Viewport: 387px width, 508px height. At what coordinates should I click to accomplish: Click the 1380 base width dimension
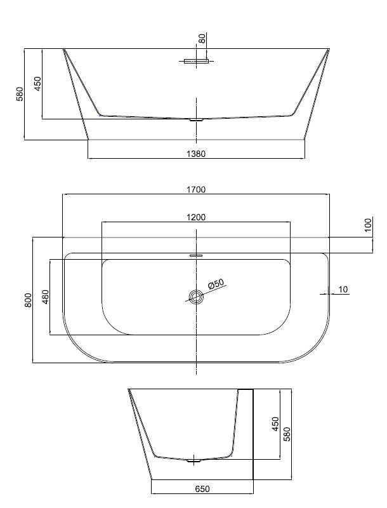(x=196, y=154)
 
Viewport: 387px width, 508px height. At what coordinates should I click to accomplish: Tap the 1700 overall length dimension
(x=196, y=189)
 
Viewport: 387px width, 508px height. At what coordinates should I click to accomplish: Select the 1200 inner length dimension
(x=196, y=217)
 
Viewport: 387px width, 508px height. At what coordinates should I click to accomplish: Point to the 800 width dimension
(x=29, y=300)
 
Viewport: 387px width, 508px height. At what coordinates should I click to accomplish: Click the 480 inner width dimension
(x=45, y=297)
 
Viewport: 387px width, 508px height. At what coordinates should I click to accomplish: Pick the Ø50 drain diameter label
(x=216, y=284)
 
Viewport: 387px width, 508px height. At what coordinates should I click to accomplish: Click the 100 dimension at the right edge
(x=369, y=225)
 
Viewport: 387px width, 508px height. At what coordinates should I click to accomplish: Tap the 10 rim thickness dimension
(x=343, y=290)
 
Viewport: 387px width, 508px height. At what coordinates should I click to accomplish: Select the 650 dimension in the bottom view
(x=202, y=489)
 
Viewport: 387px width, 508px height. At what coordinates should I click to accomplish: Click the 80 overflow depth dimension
(x=202, y=39)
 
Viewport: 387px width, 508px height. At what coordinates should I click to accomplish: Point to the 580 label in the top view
(x=20, y=94)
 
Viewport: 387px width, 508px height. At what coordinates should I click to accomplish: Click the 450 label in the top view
(x=38, y=84)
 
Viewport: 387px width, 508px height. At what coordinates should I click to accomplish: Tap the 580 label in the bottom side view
(x=287, y=434)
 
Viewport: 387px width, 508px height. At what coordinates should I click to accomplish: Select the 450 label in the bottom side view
(x=275, y=424)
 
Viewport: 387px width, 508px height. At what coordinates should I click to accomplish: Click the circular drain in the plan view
(x=196, y=297)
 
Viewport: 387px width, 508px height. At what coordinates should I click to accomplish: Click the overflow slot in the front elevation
(x=196, y=61)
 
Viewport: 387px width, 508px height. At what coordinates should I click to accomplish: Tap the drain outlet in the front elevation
(x=196, y=120)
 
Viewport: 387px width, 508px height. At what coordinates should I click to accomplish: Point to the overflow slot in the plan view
(x=196, y=255)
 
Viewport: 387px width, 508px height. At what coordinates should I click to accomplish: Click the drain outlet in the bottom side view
(x=194, y=461)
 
